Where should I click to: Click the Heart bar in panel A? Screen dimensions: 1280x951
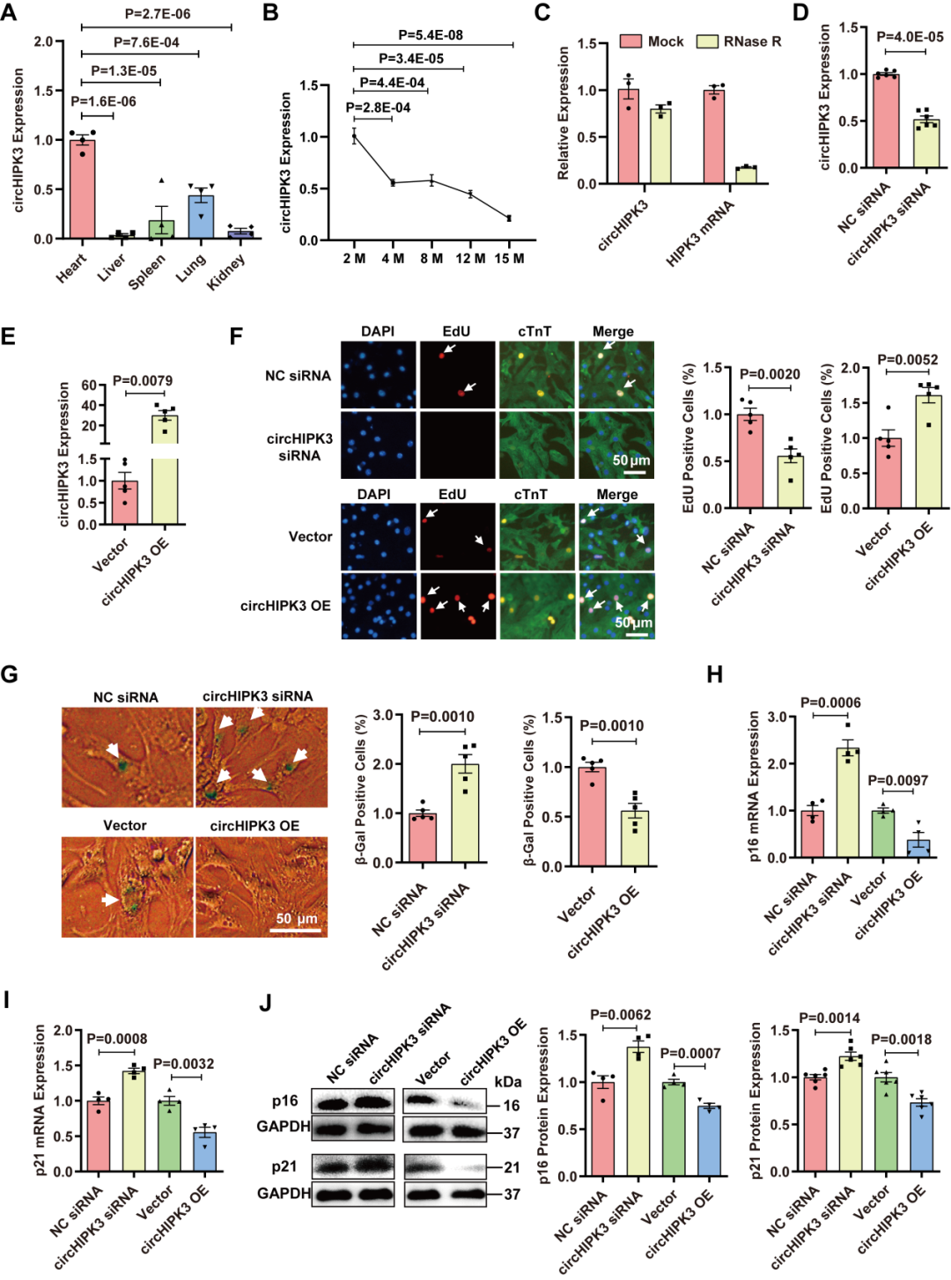(82, 189)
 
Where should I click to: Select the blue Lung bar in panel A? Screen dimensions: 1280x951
(201, 217)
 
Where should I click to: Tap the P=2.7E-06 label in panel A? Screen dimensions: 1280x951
(158, 14)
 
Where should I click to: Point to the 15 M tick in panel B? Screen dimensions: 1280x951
(509, 258)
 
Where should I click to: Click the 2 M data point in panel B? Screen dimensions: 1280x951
(354, 136)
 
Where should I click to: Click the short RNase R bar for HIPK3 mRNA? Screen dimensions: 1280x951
(746, 174)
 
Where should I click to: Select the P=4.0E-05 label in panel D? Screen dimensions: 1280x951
(910, 36)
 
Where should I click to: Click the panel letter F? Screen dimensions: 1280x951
(236, 336)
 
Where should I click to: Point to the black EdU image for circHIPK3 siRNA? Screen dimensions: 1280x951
(457, 445)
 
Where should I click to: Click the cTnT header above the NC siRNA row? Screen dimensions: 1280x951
(534, 331)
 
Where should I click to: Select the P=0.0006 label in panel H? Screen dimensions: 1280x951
(830, 703)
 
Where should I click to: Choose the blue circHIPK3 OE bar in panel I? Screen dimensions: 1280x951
(204, 1151)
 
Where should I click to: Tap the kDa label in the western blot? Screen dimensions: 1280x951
(508, 1082)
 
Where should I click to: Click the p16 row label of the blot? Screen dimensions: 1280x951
(284, 1101)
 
